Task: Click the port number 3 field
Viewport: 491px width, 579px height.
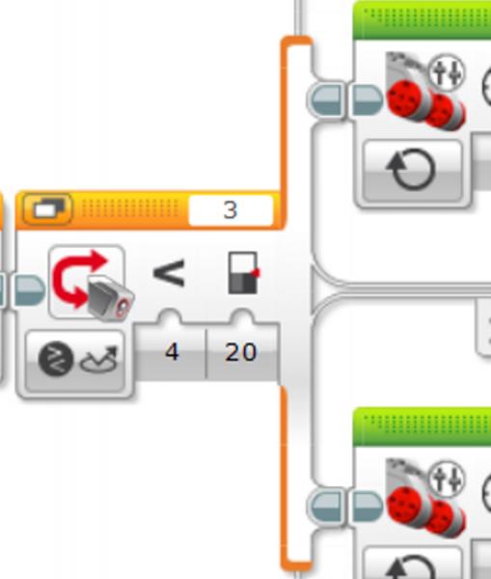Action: (231, 209)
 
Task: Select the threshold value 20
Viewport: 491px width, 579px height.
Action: (240, 352)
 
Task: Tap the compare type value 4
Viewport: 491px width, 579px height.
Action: (172, 352)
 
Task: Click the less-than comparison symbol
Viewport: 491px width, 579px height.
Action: (169, 273)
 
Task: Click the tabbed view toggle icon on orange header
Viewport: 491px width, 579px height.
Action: (47, 209)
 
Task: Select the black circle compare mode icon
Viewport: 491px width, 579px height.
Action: (56, 359)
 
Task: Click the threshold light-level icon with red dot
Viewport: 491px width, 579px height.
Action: (243, 273)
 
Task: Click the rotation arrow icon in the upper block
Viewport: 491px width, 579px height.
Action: (411, 169)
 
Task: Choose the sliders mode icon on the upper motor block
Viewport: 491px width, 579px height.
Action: (447, 72)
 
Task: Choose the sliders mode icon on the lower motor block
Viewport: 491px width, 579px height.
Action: (447, 479)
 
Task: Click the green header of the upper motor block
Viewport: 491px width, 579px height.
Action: (422, 20)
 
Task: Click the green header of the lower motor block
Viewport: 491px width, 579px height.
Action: (422, 427)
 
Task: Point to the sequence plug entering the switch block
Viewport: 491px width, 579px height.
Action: (30, 290)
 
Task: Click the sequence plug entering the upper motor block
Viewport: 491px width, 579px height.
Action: (368, 99)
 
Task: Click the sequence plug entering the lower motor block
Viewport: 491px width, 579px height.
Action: (368, 507)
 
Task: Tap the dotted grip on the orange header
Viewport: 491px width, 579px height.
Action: (130, 208)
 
